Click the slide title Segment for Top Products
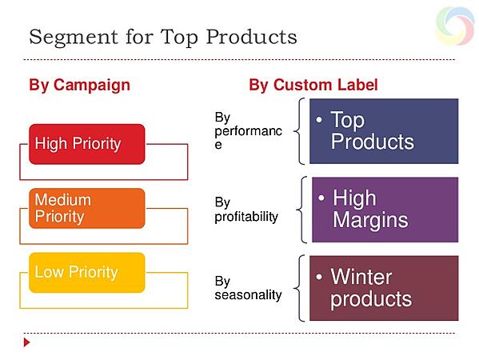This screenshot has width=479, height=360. (x=162, y=37)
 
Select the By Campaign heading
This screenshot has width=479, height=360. (x=79, y=85)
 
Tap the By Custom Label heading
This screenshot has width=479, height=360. (x=313, y=85)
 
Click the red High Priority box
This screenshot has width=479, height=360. (x=87, y=144)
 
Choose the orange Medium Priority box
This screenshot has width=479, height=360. (x=87, y=208)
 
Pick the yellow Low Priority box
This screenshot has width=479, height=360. (x=87, y=272)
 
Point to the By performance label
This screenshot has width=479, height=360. (x=248, y=132)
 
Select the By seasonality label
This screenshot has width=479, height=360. (x=248, y=288)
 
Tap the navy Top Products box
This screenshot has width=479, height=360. (x=384, y=132)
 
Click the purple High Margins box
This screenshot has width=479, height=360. (x=384, y=210)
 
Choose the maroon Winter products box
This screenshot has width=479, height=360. (x=384, y=288)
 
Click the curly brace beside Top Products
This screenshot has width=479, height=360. (x=300, y=132)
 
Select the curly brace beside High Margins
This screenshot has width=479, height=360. (x=300, y=210)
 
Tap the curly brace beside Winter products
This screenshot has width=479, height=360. (x=300, y=288)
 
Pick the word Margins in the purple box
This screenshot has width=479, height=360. (x=370, y=220)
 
